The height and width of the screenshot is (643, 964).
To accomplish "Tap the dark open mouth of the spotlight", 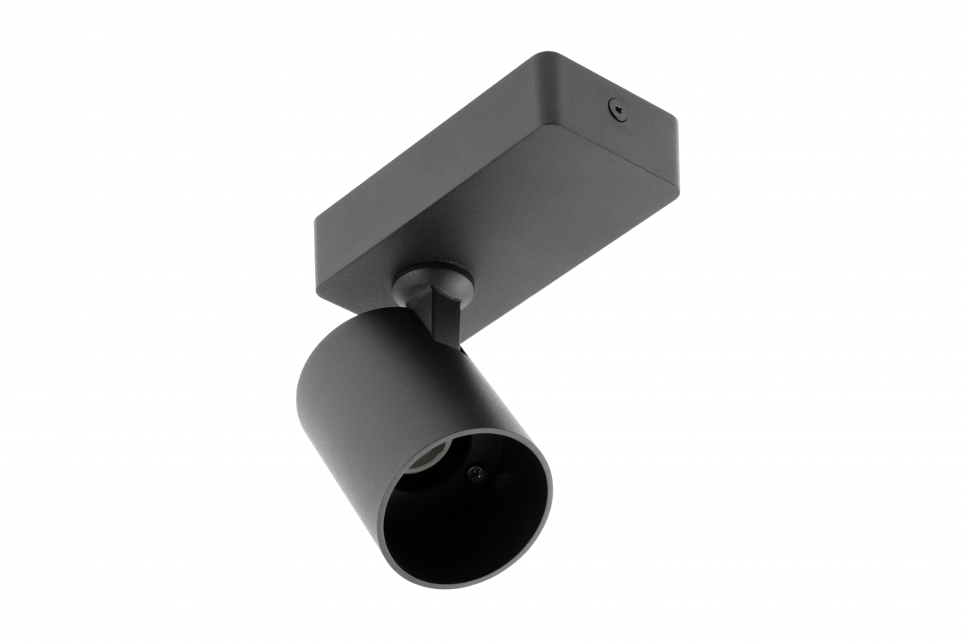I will coord(466,514).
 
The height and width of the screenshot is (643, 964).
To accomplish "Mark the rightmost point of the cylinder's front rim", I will coord(553,490).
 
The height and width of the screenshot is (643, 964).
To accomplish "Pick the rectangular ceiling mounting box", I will coord(498,185).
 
